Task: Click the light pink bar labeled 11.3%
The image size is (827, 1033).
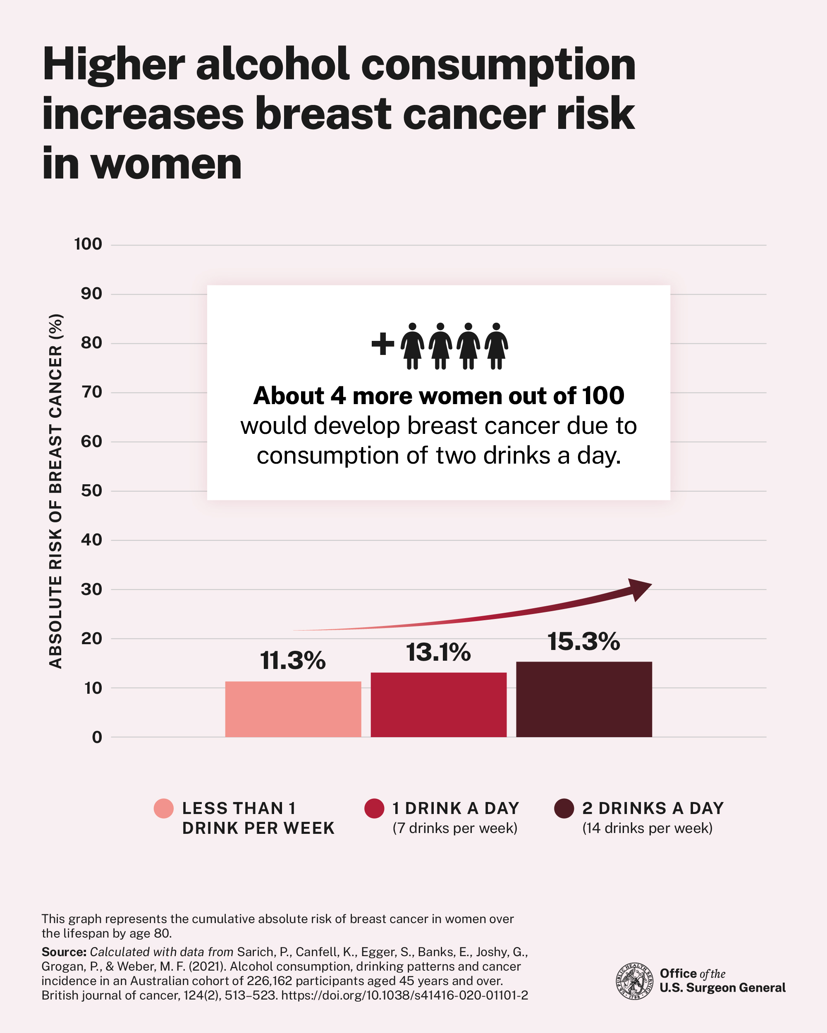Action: [293, 709]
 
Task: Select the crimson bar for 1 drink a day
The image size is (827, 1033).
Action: [438, 705]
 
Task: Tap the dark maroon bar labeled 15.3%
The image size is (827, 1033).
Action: [583, 699]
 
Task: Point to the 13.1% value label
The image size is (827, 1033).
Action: [438, 652]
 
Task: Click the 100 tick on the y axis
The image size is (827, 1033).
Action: [88, 244]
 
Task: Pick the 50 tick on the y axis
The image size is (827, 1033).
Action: [91, 490]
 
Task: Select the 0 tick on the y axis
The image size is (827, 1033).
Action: [97, 738]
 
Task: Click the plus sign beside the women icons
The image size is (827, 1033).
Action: [382, 344]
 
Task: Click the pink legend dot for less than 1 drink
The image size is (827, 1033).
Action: [163, 808]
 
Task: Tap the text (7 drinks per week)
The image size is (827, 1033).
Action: [454, 828]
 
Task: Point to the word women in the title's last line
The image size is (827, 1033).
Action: [166, 164]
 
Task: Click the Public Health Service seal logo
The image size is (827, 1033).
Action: [634, 981]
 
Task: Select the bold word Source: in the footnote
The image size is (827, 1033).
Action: [64, 952]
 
